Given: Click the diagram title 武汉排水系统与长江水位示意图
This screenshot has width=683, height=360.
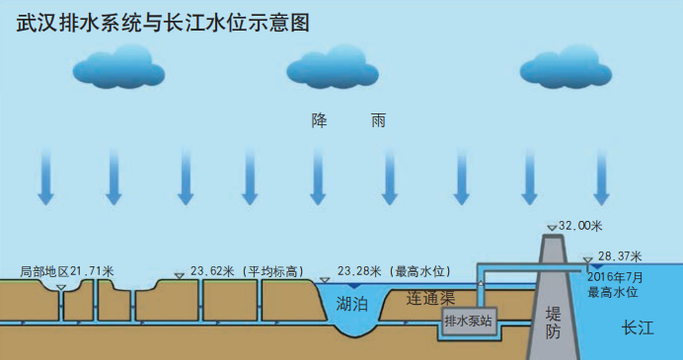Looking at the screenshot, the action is pos(164,23).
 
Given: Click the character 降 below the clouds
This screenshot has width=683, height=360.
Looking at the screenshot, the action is pos(319,122).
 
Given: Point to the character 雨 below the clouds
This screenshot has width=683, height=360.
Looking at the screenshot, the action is pos(378,122).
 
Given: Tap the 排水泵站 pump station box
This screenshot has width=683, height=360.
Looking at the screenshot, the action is pos(468,321).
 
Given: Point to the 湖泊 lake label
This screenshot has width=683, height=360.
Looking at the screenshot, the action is pos(354,303).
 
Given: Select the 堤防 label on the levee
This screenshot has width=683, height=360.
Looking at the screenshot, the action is pos(553,324).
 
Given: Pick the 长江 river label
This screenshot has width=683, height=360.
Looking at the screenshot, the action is pos(639,328).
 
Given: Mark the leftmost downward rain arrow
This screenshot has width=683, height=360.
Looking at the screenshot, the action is pos(45,178).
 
